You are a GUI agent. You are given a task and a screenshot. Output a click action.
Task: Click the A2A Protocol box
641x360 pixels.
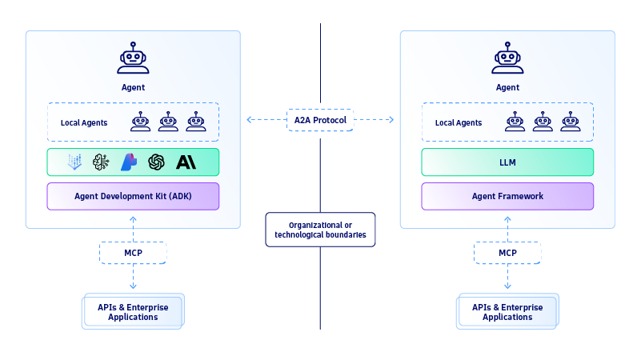pyautogui.click(x=320, y=120)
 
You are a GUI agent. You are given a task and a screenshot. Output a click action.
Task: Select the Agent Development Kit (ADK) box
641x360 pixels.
pyautogui.click(x=133, y=196)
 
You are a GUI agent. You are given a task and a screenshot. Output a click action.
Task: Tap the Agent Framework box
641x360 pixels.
pyautogui.click(x=507, y=196)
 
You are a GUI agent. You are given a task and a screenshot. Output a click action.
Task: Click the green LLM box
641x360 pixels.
pyautogui.click(x=507, y=162)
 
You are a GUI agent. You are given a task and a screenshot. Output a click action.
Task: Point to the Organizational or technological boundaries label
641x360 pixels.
pyautogui.click(x=320, y=230)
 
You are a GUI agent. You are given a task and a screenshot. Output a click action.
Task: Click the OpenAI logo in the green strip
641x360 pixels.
pyautogui.click(x=156, y=162)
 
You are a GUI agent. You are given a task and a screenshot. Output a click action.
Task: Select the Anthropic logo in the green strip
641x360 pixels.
pyautogui.click(x=186, y=162)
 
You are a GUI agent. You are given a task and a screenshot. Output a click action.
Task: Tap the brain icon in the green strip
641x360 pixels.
pyautogui.click(x=102, y=162)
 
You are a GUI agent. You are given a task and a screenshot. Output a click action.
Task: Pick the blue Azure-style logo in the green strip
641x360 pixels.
pyautogui.click(x=129, y=162)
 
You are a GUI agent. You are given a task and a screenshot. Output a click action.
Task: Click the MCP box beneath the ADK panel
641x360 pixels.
pyautogui.click(x=133, y=253)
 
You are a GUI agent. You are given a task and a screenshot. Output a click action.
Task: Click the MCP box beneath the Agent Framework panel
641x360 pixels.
pyautogui.click(x=507, y=253)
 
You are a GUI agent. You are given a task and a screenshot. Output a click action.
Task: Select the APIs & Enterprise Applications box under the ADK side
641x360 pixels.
pyautogui.click(x=133, y=312)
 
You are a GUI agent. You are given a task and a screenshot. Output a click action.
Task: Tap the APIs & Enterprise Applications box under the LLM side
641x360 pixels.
pyautogui.click(x=507, y=312)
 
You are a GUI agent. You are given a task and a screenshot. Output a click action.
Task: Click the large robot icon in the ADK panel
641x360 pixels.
pyautogui.click(x=133, y=58)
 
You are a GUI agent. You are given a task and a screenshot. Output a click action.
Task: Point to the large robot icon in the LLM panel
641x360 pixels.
pyautogui.click(x=507, y=58)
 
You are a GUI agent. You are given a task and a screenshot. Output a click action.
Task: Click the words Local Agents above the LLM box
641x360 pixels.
pyautogui.click(x=459, y=122)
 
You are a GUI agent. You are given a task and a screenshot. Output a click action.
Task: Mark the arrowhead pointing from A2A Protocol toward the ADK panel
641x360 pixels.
pyautogui.click(x=249, y=120)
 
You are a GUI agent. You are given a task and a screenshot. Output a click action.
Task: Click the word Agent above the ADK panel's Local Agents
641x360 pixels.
pyautogui.click(x=133, y=87)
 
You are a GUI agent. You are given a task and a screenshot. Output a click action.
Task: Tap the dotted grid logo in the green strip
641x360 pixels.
pyautogui.click(x=74, y=162)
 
